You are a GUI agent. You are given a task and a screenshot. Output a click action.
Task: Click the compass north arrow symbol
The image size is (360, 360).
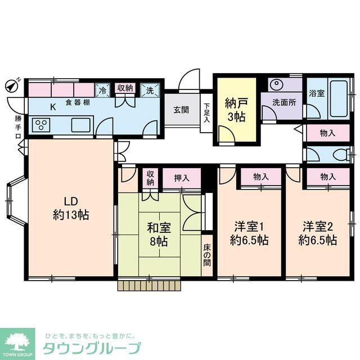click(11, 85)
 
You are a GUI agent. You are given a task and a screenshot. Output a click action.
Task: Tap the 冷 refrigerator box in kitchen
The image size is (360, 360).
click(103, 89)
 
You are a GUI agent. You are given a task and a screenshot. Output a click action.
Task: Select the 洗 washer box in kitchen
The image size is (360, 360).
click(150, 89)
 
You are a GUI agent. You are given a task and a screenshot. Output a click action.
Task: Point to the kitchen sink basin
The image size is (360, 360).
click(81, 125)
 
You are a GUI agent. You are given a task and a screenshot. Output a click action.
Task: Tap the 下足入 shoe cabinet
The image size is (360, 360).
click(206, 112)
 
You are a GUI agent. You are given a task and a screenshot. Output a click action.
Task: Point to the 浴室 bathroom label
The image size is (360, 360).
click(316, 93)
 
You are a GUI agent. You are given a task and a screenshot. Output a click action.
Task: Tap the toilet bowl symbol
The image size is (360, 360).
click(337, 155)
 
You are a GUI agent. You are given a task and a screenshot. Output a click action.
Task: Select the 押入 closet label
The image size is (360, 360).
click(181, 178)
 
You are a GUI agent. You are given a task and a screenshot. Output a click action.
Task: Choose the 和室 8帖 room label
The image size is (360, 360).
click(159, 234)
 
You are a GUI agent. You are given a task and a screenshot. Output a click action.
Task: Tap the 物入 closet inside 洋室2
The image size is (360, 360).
click(328, 177)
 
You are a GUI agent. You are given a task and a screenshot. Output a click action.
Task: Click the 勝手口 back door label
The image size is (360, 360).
click(18, 127)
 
